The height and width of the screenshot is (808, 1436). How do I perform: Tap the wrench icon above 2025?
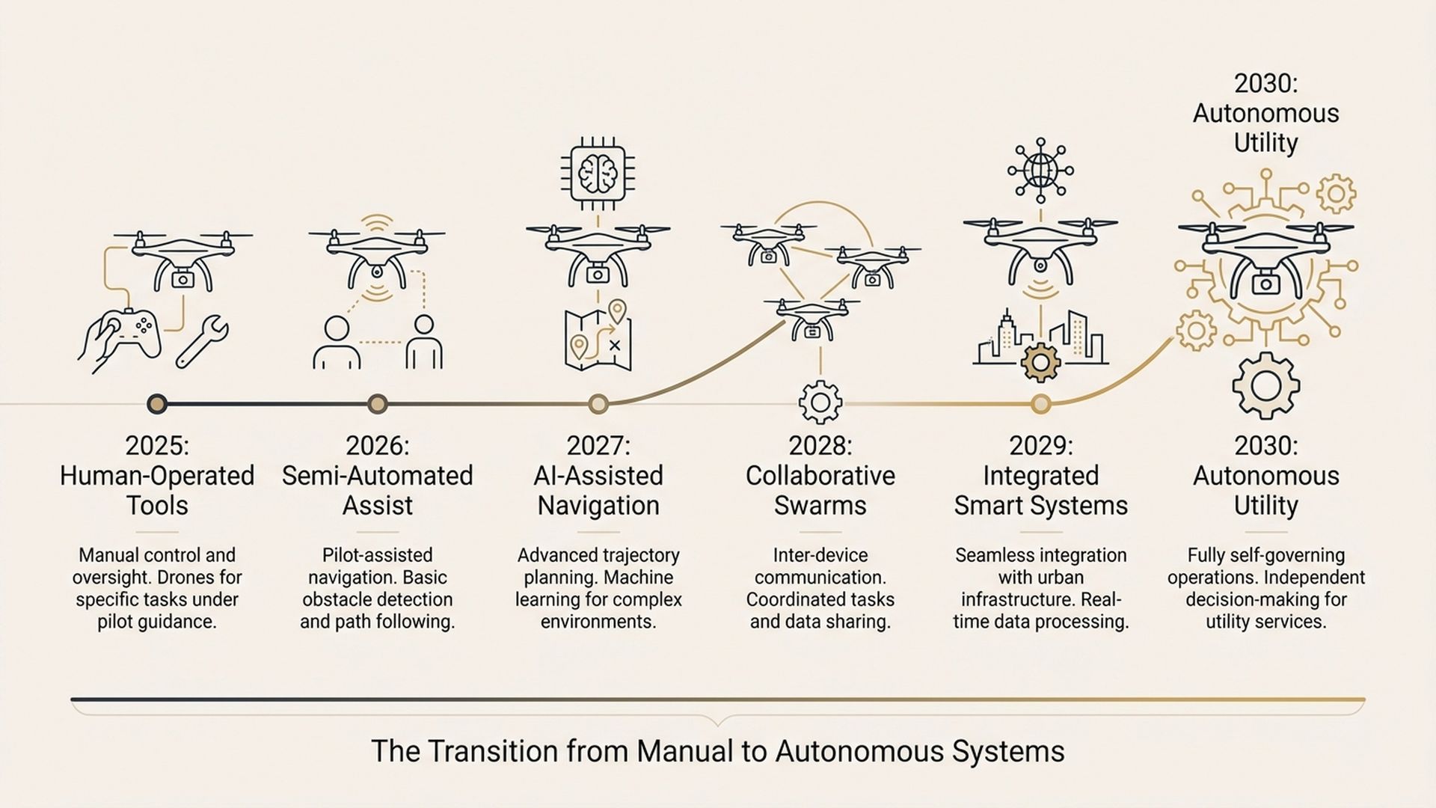[x=202, y=342]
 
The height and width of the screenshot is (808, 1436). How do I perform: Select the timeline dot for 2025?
[x=156, y=404]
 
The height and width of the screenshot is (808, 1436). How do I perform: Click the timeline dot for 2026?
[x=378, y=404]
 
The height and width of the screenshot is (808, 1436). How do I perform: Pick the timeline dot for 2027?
[x=598, y=404]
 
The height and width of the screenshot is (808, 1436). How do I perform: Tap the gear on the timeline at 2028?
[x=820, y=403]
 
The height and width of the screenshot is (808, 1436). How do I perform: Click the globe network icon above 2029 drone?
[x=1040, y=170]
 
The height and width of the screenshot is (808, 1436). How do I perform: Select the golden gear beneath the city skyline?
[x=1040, y=362]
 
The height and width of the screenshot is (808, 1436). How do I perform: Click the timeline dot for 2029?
[x=1040, y=404]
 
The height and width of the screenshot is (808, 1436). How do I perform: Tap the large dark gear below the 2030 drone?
[x=1265, y=386]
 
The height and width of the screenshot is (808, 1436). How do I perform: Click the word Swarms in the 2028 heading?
[x=820, y=506]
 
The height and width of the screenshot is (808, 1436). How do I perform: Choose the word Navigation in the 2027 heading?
[x=598, y=506]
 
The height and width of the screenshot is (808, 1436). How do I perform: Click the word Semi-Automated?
[x=377, y=476]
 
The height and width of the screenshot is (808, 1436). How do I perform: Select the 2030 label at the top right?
[x=1265, y=84]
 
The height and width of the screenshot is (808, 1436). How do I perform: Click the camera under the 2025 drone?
[x=182, y=279]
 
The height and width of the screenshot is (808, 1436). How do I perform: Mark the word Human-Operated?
[x=157, y=476]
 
